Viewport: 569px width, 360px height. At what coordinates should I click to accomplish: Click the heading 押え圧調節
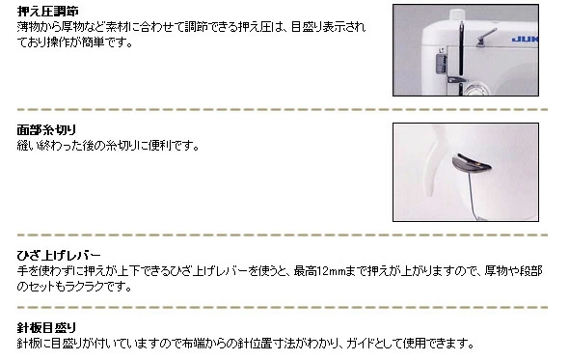[47, 11]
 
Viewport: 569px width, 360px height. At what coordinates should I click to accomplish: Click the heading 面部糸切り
[47, 129]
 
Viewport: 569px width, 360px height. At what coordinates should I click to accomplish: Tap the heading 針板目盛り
[47, 327]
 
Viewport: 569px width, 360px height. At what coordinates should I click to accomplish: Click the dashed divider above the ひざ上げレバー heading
[284, 235]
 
